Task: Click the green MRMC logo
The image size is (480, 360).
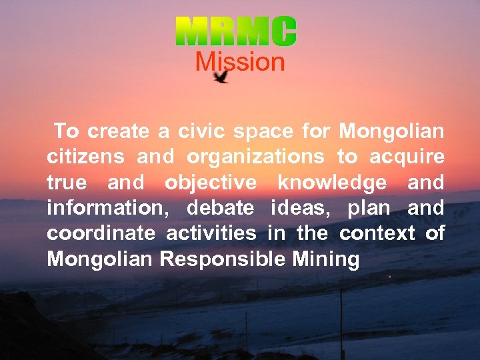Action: click(x=236, y=31)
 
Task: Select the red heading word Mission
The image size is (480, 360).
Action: click(x=239, y=62)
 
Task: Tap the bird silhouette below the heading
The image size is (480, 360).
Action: click(x=221, y=77)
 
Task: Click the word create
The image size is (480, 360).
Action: click(x=119, y=131)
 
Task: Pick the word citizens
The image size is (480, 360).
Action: click(x=85, y=157)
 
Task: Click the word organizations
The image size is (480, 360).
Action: click(x=255, y=158)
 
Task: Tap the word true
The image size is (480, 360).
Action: click(x=67, y=183)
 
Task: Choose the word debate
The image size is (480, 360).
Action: click(x=220, y=208)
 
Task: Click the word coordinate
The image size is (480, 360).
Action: click(x=101, y=233)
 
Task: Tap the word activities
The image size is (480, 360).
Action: click(x=211, y=233)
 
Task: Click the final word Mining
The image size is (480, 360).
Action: click(x=326, y=259)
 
